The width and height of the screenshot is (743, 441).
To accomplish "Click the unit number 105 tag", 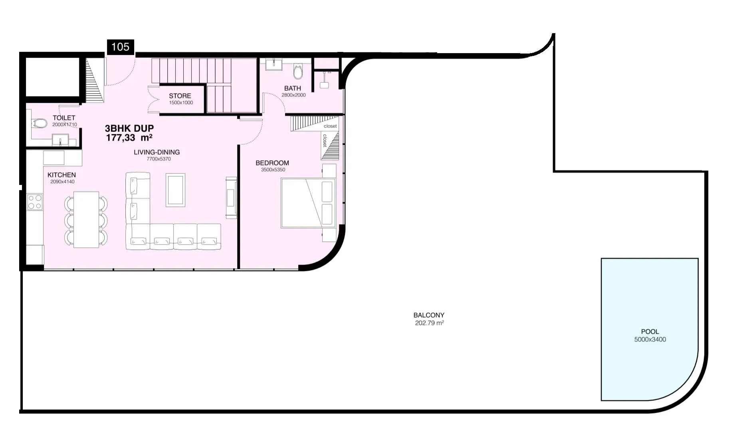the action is pyautogui.click(x=120, y=47).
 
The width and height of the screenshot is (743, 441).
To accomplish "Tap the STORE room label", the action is pyautogui.click(x=180, y=96).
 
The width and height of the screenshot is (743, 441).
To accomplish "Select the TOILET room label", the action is pyautogui.click(x=64, y=118).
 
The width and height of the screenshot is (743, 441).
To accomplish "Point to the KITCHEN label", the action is pyautogui.click(x=61, y=175).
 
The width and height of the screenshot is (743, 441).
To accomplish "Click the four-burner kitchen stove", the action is pyautogui.click(x=35, y=202).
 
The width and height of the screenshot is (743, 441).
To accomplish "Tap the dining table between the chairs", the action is pyautogui.click(x=86, y=220).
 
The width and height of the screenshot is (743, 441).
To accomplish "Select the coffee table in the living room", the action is pyautogui.click(x=176, y=190).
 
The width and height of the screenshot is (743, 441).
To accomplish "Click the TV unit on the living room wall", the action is pyautogui.click(x=231, y=198).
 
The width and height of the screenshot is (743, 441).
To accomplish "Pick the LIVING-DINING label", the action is pyautogui.click(x=157, y=152).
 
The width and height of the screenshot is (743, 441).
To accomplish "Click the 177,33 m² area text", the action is pyautogui.click(x=129, y=138).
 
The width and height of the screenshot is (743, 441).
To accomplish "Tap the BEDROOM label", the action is pyautogui.click(x=272, y=163).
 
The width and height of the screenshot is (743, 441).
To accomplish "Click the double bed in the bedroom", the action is pyautogui.click(x=309, y=203).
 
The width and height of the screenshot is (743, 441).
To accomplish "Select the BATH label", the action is pyautogui.click(x=293, y=88).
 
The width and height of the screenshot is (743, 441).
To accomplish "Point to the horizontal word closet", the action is pyautogui.click(x=330, y=126).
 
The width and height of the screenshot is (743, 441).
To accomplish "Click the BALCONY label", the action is pyautogui.click(x=429, y=315).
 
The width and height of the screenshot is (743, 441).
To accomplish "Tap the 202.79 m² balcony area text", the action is pyautogui.click(x=430, y=323).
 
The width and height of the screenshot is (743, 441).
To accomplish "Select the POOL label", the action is pyautogui.click(x=650, y=332).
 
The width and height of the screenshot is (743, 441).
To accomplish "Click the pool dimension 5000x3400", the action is pyautogui.click(x=650, y=340).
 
